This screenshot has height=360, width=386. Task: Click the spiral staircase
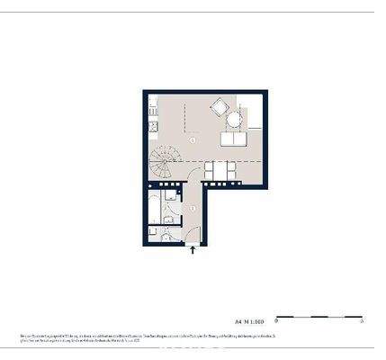point(164,163)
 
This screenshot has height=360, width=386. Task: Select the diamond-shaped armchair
point(218,109)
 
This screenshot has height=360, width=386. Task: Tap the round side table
point(235,118)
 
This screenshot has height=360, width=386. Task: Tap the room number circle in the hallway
point(192,208)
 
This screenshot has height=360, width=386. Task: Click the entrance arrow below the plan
point(192,251)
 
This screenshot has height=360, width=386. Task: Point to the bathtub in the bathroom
point(168,209)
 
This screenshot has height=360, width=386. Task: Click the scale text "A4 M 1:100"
point(249,319)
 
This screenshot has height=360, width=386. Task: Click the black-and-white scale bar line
point(319,316)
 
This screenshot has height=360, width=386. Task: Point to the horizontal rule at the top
point(193,12)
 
